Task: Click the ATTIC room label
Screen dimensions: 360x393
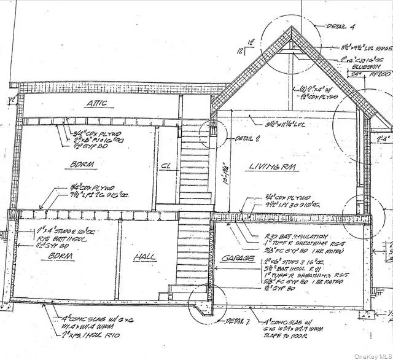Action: (x=97, y=103)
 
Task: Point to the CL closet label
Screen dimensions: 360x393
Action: (x=165, y=165)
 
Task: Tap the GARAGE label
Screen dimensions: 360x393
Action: (x=238, y=259)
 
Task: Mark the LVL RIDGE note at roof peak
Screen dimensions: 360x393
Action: (x=367, y=47)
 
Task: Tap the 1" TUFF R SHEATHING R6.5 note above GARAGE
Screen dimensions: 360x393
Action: (x=287, y=243)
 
